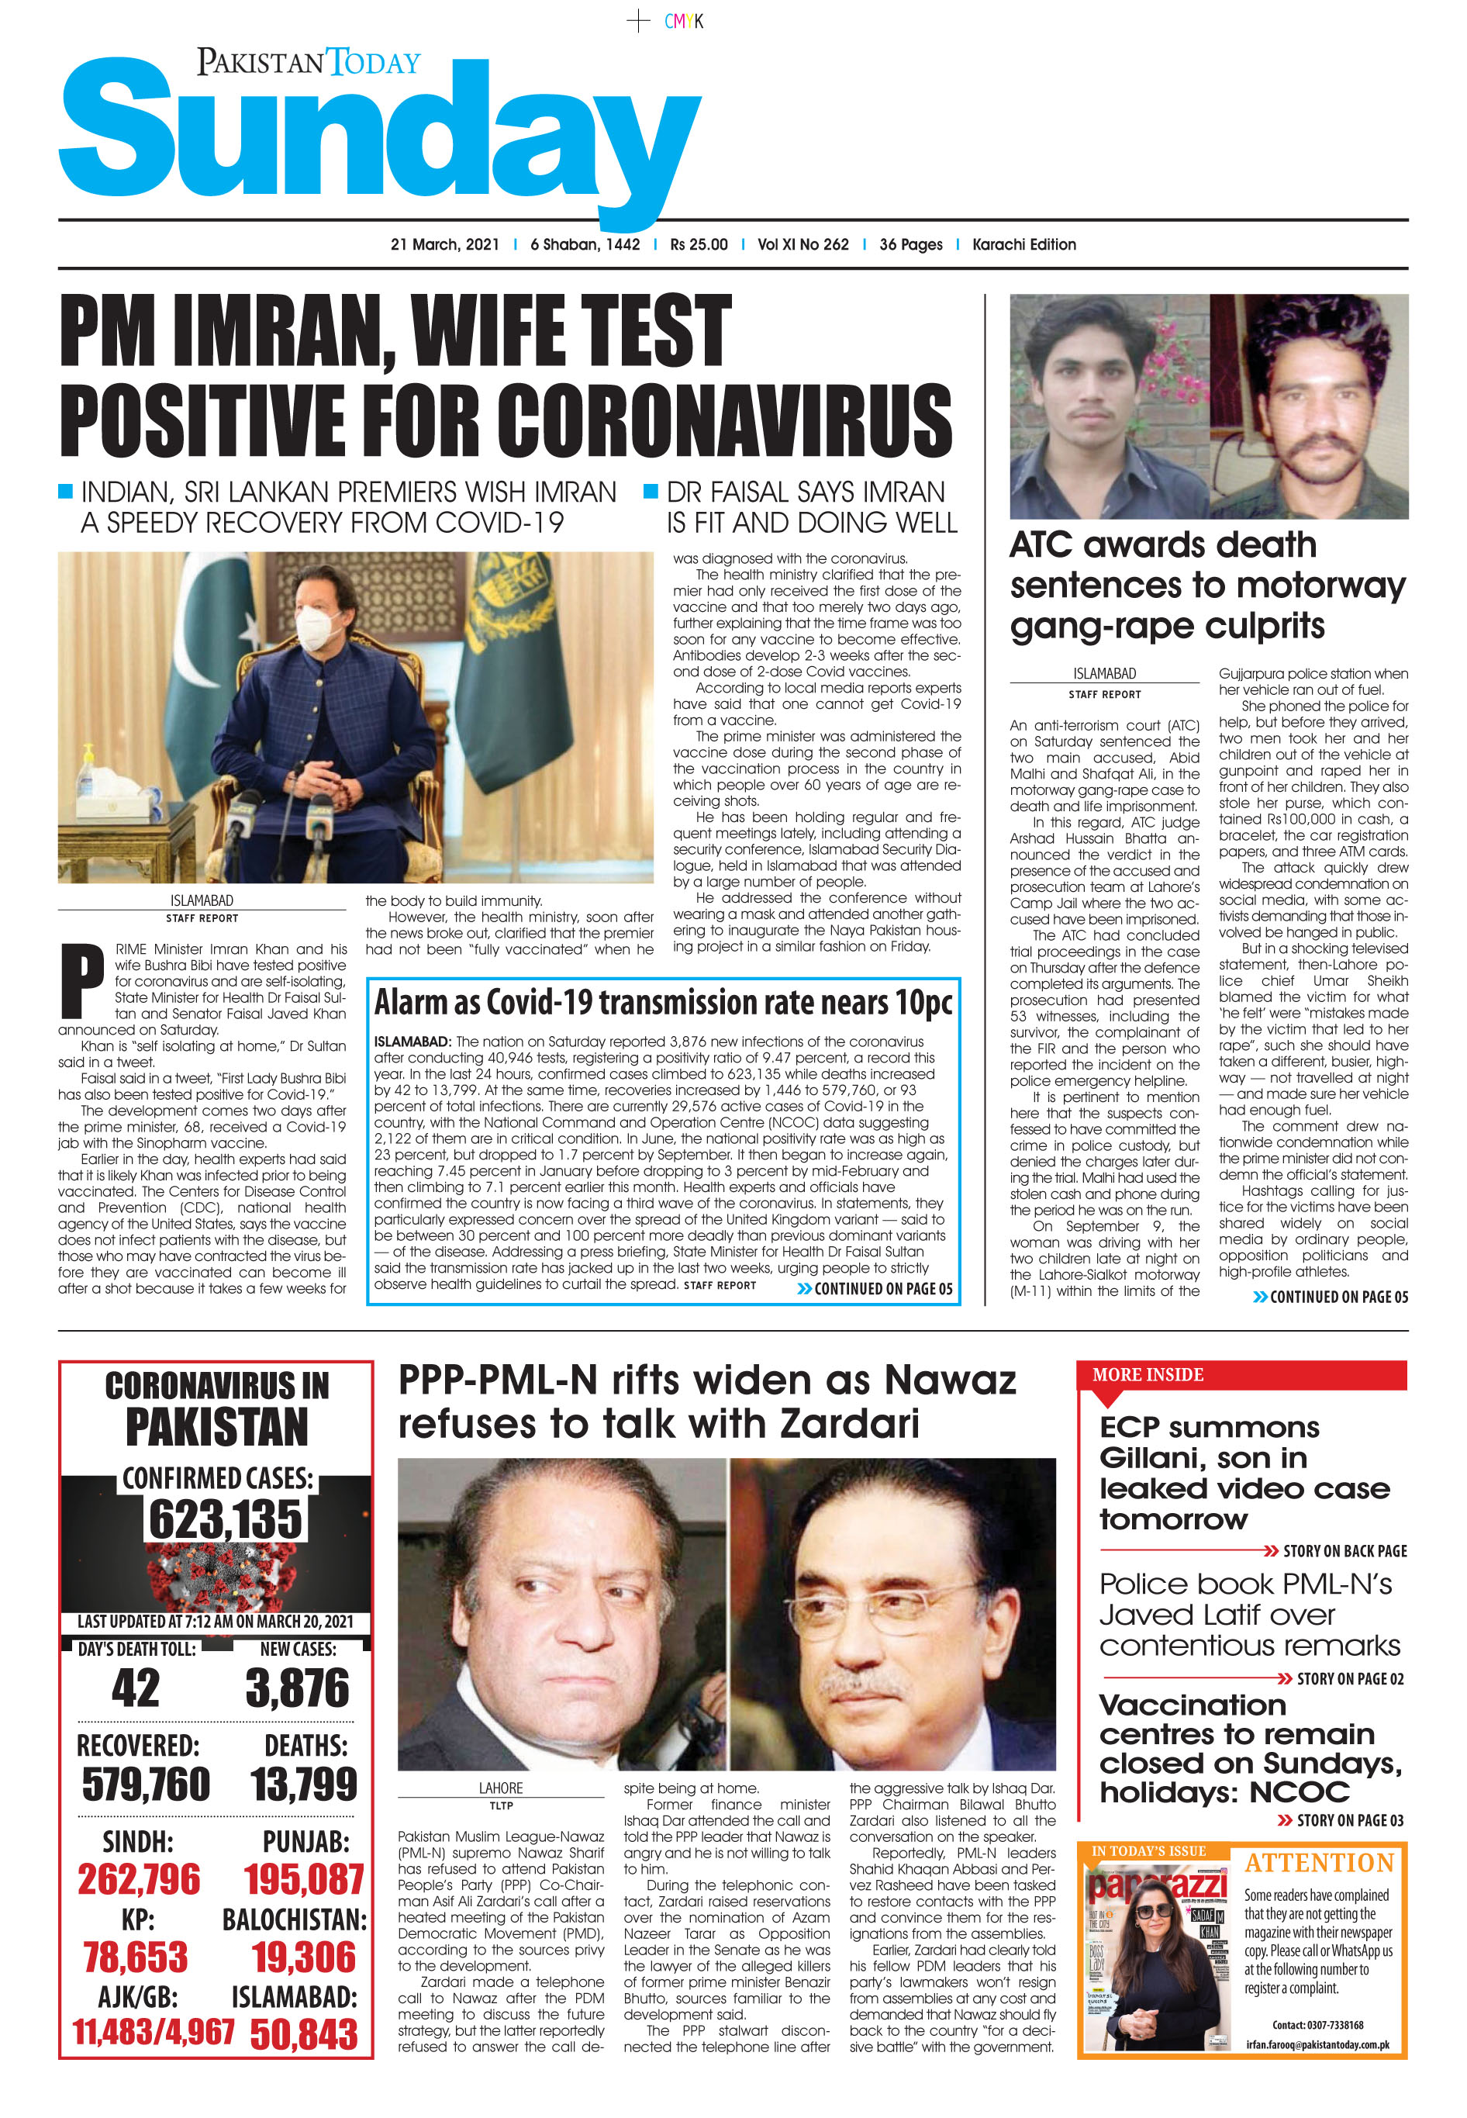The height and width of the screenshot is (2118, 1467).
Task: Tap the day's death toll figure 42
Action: pyautogui.click(x=135, y=1688)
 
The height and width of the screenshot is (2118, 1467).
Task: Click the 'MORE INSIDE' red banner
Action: pyautogui.click(x=1148, y=1375)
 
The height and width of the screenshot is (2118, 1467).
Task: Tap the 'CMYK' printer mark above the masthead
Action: pyautogui.click(x=684, y=21)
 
